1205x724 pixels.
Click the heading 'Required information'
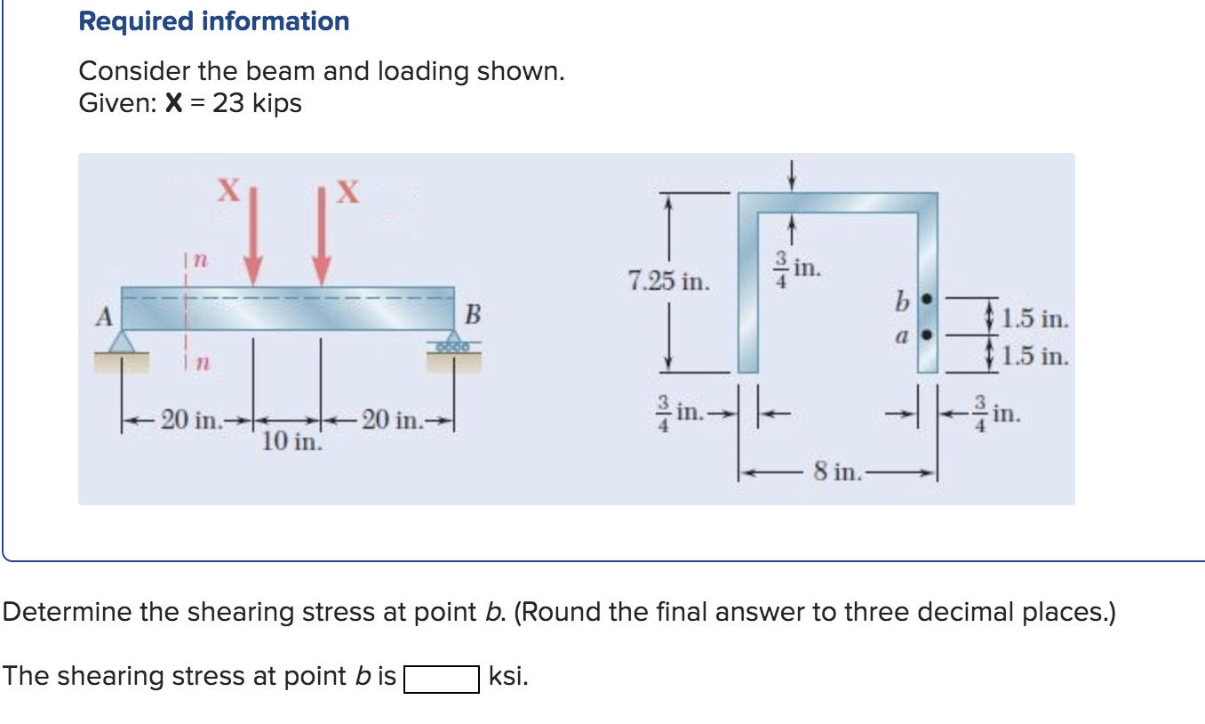coord(213,21)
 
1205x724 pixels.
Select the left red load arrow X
coord(253,235)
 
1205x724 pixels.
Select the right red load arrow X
coord(322,235)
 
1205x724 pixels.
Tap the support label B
coord(473,315)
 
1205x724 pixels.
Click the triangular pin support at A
coord(122,342)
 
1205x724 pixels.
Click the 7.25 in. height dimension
coord(668,283)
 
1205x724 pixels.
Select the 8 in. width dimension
coord(836,471)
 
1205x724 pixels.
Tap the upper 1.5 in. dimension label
coord(1034,318)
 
